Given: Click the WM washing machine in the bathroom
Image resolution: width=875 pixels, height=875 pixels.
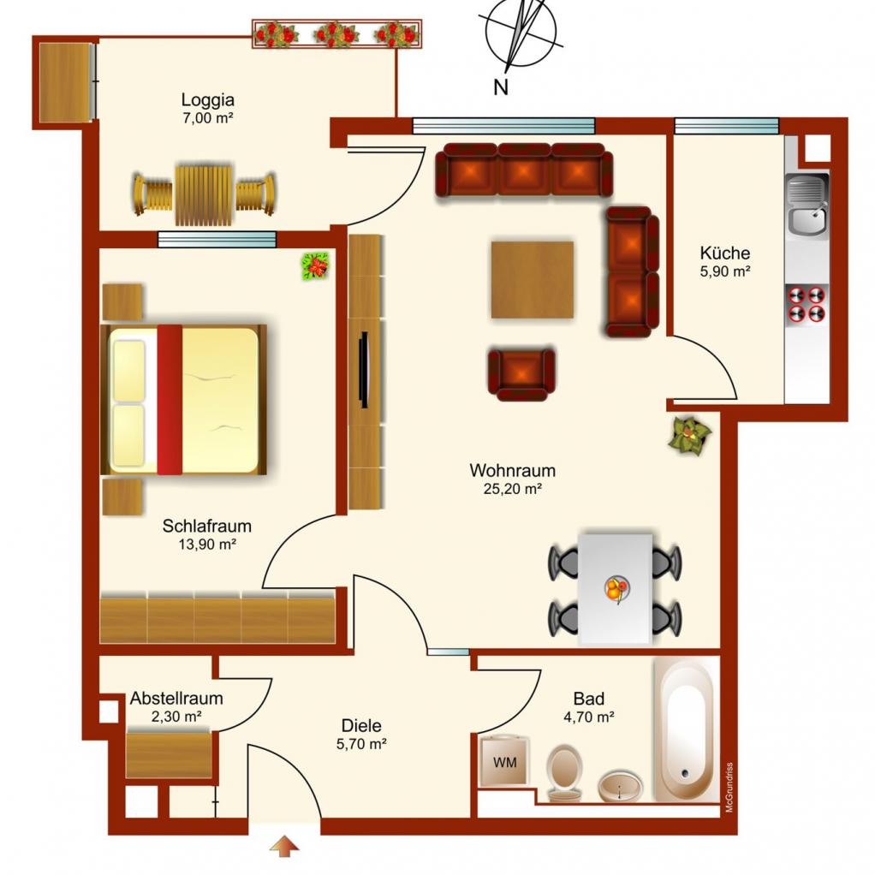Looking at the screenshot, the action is [x=504, y=761].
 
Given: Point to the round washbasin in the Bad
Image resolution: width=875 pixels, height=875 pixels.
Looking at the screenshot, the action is [x=620, y=786].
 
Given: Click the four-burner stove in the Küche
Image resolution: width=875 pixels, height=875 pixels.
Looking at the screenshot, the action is [x=807, y=305].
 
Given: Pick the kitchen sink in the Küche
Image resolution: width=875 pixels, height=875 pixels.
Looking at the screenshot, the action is [x=807, y=205].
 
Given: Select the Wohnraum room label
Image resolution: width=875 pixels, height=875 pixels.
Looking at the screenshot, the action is [x=512, y=470].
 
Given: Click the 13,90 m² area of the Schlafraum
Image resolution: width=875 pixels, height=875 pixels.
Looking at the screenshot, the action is [x=207, y=544].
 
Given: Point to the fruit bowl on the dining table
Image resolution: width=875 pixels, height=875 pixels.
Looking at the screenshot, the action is [x=616, y=589].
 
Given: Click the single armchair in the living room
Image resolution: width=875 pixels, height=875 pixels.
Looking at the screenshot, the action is [x=521, y=374].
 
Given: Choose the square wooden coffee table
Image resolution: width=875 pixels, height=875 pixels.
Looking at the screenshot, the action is [x=533, y=280].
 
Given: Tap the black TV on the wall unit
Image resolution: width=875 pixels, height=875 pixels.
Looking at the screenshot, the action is [x=364, y=370].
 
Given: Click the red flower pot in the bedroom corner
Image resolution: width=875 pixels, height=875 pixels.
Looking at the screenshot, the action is [x=315, y=265].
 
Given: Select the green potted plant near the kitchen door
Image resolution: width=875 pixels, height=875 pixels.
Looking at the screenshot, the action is [x=690, y=435].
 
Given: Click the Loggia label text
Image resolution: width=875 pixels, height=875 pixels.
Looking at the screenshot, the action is [x=207, y=100].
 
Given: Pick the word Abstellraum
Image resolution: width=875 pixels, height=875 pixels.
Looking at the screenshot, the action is [x=176, y=698].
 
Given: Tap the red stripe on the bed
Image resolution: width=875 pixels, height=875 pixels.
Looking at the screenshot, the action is [x=170, y=400].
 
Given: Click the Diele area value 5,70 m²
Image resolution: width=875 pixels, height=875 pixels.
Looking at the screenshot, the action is [x=361, y=744].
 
